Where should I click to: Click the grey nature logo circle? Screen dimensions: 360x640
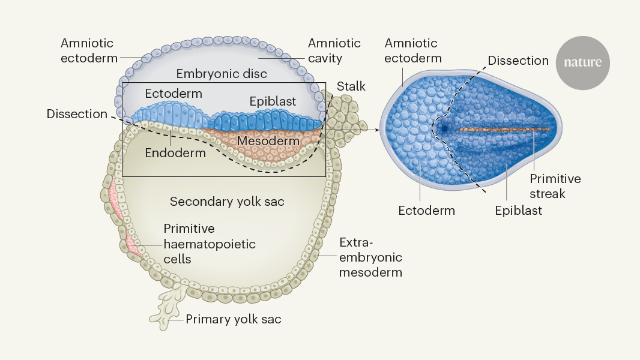click(x=582, y=62)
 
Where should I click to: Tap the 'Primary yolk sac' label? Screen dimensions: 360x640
click(x=233, y=319)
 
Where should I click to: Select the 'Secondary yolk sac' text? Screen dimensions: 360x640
click(x=227, y=202)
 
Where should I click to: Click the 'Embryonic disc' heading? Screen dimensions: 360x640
click(x=222, y=74)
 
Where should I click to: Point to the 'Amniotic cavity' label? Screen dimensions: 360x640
click(x=334, y=51)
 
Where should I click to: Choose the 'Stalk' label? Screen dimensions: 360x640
click(x=351, y=86)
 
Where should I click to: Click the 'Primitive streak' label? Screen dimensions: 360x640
click(x=555, y=186)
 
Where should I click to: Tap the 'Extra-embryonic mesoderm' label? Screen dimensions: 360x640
click(x=370, y=257)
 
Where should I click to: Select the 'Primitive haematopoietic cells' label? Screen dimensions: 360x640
click(x=210, y=244)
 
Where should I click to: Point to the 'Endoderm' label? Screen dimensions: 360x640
click(x=175, y=153)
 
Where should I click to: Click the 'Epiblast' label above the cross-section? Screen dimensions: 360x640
click(x=273, y=101)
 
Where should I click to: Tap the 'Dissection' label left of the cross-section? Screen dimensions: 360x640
click(x=77, y=114)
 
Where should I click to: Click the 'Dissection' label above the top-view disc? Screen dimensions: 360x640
click(x=518, y=61)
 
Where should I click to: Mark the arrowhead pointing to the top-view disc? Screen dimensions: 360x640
click(x=376, y=129)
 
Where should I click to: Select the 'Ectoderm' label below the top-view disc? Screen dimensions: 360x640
click(x=426, y=211)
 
